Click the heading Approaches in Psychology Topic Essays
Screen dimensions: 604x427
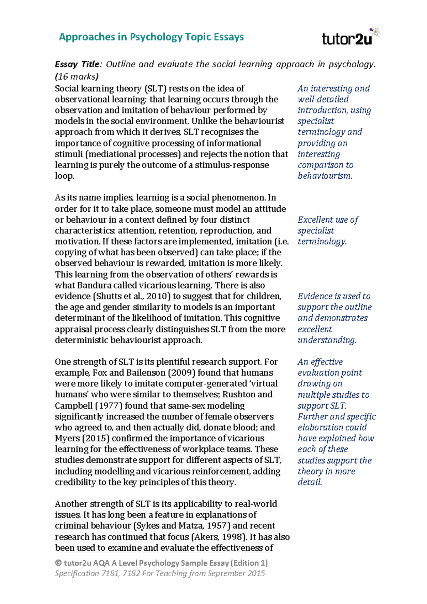[151, 37]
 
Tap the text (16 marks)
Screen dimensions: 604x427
[77, 76]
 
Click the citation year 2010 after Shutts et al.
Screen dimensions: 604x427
[156, 296]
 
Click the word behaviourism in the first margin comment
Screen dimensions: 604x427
[325, 176]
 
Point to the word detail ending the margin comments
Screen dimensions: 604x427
[310, 482]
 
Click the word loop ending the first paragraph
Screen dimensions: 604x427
[64, 176]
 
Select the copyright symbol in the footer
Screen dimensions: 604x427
[58, 563]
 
